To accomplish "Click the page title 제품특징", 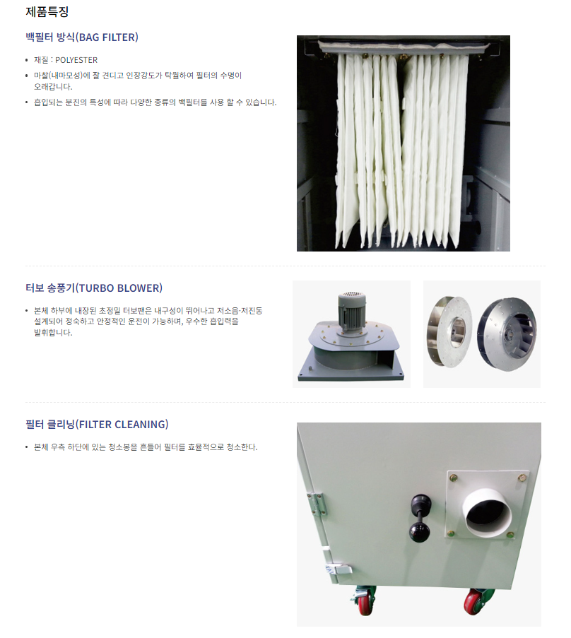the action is click(x=47, y=11).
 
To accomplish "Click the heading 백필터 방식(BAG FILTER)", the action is click(x=82, y=37).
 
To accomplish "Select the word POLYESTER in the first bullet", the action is click(x=76, y=60).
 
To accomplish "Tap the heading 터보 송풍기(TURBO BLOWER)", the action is click(x=94, y=288).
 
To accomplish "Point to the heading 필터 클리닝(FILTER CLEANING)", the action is click(x=97, y=425).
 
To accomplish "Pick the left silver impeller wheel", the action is click(x=449, y=331).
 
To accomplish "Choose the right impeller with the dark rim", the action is click(x=507, y=334).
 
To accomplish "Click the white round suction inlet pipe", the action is click(x=486, y=512).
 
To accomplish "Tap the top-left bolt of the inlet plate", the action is click(x=454, y=478).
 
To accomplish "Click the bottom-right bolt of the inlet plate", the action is click(x=510, y=535).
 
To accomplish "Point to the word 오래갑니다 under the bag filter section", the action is click(x=53, y=87).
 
